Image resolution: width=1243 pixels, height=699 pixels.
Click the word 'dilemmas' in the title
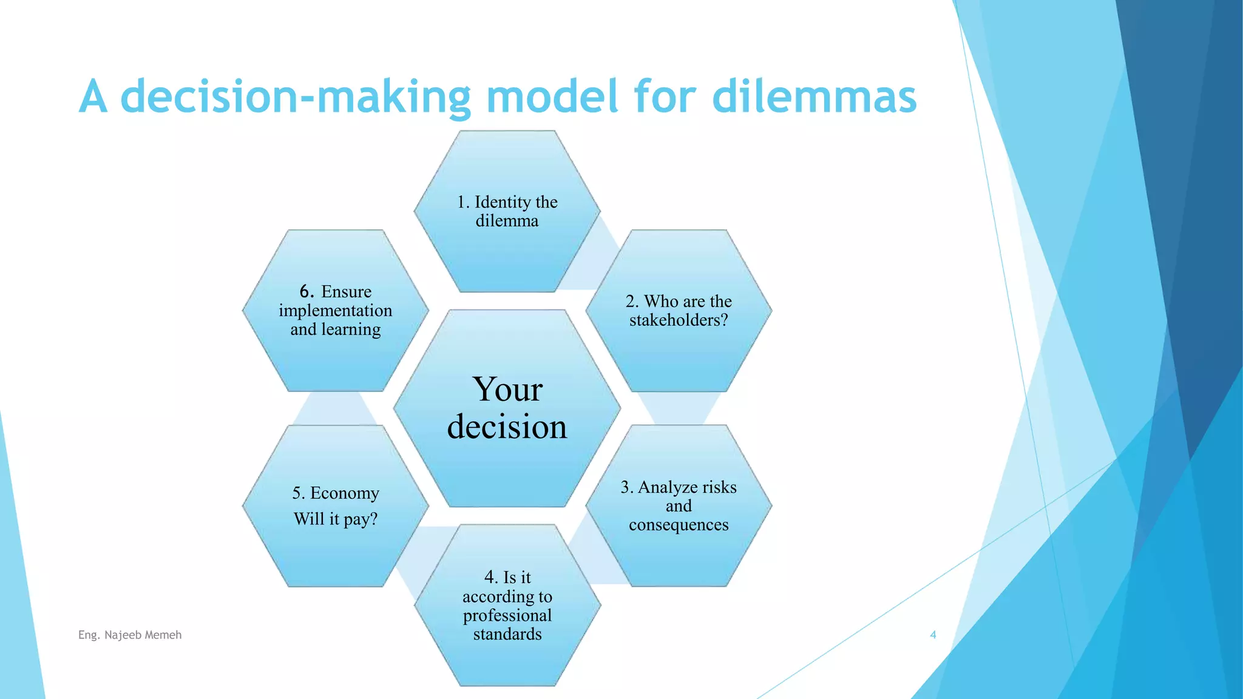[814, 97]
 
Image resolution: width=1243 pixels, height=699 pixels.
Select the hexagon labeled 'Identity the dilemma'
[507, 243]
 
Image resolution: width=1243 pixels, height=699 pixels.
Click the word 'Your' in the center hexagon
[507, 390]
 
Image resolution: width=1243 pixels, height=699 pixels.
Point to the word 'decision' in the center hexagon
[507, 427]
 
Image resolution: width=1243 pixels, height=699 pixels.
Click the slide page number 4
[933, 635]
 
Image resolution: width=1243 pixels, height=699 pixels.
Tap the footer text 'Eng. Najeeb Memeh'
[130, 635]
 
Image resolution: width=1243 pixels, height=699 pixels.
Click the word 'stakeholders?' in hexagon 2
[679, 320]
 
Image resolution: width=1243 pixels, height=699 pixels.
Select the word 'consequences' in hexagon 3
[679, 525]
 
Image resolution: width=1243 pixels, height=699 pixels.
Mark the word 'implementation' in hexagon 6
[335, 311]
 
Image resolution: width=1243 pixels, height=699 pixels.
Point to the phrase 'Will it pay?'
[335, 519]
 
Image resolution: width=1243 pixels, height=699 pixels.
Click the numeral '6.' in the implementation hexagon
[307, 291]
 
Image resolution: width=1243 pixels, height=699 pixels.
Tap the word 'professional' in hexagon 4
[507, 615]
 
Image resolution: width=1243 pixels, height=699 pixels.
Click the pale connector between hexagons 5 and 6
[335, 408]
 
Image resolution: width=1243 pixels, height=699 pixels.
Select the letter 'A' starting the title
[93, 97]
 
